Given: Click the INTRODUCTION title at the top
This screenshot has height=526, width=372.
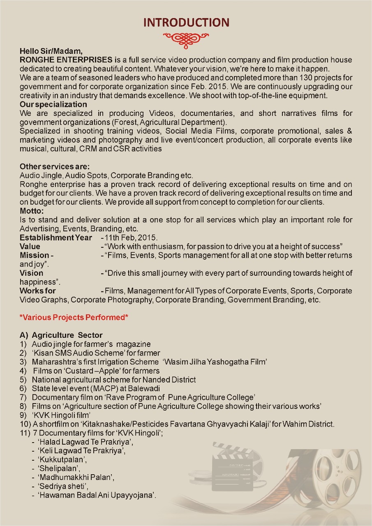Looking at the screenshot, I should (x=186, y=22).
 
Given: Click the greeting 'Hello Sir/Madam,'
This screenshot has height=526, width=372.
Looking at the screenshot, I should (x=51, y=52).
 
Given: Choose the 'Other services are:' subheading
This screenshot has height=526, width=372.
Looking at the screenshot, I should (x=55, y=167).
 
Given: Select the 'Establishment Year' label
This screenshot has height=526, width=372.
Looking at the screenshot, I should (x=56, y=238).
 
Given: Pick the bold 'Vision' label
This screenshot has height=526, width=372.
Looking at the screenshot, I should (x=31, y=273).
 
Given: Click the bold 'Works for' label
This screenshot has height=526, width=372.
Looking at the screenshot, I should (x=38, y=291).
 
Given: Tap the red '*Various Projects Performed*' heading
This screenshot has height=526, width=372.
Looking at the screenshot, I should (x=72, y=318).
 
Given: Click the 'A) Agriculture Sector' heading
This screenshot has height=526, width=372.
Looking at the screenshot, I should (x=61, y=335).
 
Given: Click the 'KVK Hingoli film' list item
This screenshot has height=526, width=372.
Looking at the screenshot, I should (x=61, y=415).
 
